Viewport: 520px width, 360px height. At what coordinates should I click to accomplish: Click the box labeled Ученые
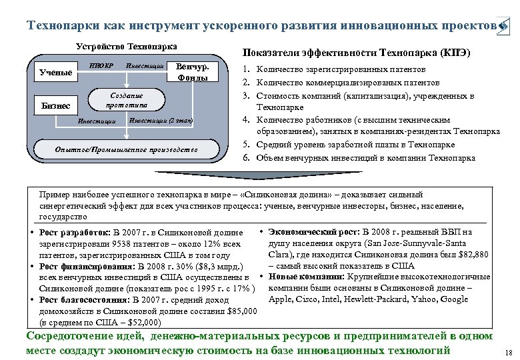(56, 72)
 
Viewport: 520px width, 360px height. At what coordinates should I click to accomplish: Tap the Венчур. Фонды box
(195, 72)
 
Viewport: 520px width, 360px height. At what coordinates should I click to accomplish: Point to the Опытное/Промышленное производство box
(127, 150)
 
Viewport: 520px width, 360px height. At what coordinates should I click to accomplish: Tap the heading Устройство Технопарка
(127, 47)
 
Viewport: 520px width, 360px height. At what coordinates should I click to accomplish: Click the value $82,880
(471, 255)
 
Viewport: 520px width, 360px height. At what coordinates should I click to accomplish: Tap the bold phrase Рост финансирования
(75, 266)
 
